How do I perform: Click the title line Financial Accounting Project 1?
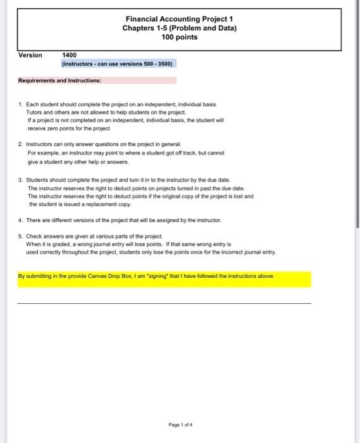point(179,19)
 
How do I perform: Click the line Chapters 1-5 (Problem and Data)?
point(179,28)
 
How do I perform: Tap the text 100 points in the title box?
point(179,37)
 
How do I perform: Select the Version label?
point(30,55)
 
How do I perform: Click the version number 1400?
point(70,56)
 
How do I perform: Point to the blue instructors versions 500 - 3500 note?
point(118,65)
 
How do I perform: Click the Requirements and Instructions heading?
point(60,81)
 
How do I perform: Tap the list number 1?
point(20,103)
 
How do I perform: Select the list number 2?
point(20,144)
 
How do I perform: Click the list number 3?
point(20,180)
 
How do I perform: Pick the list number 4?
point(20,220)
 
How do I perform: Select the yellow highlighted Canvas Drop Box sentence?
point(146,277)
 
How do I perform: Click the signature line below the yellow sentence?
point(164,304)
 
